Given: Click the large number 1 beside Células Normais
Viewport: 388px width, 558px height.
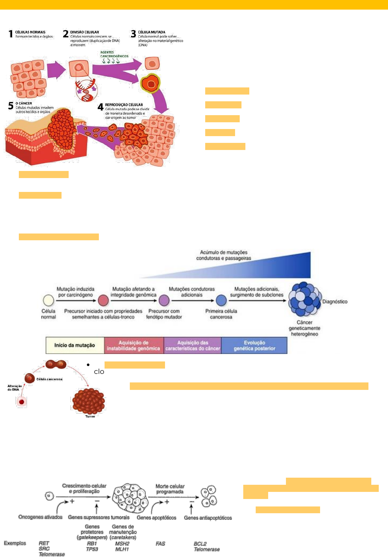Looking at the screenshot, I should (11, 34).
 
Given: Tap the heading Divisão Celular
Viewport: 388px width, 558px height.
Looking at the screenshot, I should (85, 32).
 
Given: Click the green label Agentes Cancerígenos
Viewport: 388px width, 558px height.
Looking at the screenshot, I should (114, 54).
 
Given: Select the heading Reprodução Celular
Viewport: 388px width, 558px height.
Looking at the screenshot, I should (124, 105).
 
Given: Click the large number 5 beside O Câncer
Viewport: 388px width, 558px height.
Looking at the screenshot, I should (11, 106).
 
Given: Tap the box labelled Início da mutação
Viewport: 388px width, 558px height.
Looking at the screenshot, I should (75, 345).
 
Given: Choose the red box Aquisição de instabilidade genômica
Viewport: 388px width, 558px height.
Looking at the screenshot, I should (133, 345).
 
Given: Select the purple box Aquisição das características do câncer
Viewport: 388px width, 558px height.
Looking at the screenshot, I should (192, 345).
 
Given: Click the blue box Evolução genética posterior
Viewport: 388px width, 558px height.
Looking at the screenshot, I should (254, 345).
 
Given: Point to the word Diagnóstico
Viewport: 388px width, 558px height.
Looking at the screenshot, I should (335, 301).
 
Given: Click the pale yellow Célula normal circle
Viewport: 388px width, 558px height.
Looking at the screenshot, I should (48, 300).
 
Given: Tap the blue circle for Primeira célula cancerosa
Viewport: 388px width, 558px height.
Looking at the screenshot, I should (221, 300).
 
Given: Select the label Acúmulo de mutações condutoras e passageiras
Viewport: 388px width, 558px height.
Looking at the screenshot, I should (224, 255).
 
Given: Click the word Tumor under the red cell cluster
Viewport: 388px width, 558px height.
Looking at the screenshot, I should (90, 416).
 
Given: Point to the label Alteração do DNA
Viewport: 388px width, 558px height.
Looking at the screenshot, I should (15, 388).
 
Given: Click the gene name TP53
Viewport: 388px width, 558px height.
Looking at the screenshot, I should (92, 549).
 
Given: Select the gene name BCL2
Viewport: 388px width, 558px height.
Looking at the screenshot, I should (200, 544).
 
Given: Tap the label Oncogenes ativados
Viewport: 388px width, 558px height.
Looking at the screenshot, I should (40, 517).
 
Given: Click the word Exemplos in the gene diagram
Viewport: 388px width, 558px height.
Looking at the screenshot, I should (15, 543).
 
